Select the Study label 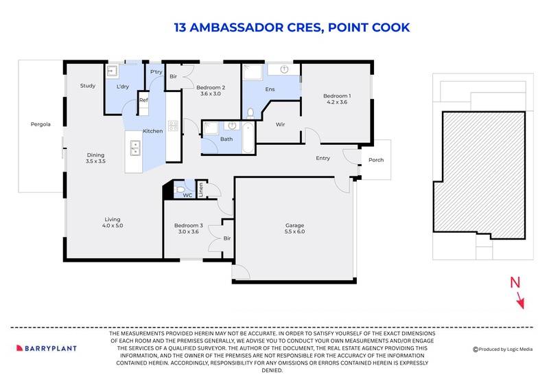coord(87,86)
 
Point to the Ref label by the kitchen coord(143,101)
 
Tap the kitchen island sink coord(135,145)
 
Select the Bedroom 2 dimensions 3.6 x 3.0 coord(211,95)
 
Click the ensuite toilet coord(250,113)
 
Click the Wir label coord(280,124)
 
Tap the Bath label coord(226,139)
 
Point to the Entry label coord(323,159)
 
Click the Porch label coord(376,161)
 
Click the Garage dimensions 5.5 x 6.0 coord(294,233)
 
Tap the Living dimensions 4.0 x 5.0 coord(112,225)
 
